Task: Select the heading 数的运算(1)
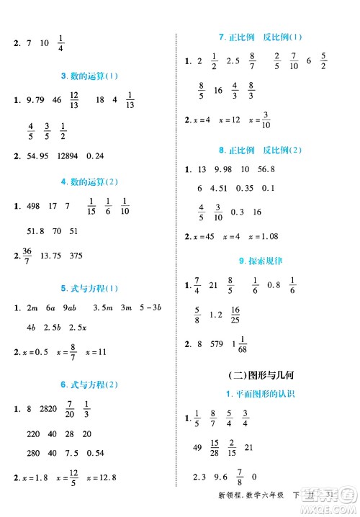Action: (90, 76)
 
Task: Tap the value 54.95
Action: (33, 156)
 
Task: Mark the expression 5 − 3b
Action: (154, 309)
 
